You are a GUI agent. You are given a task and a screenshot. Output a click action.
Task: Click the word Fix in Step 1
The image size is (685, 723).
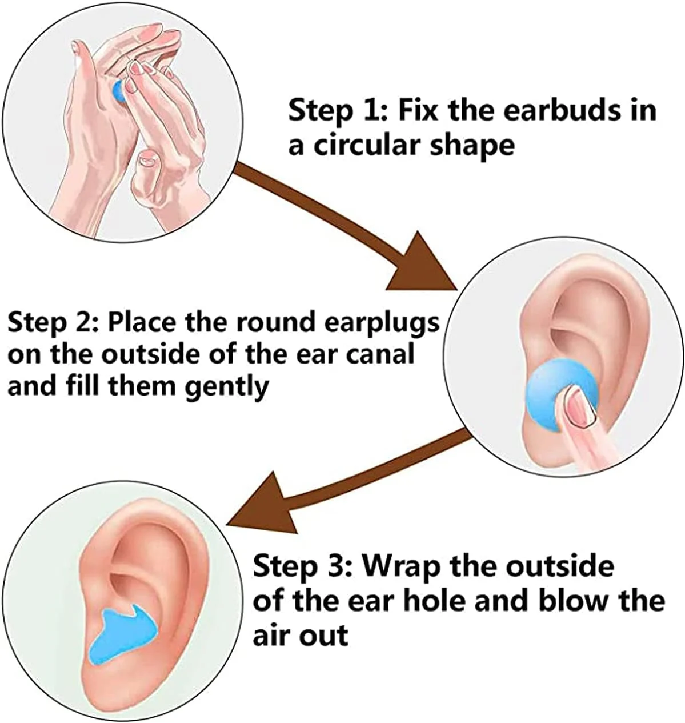pyautogui.click(x=417, y=110)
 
